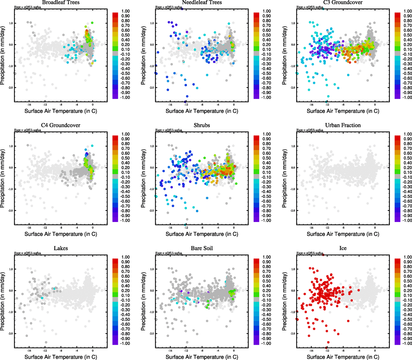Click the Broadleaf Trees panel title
tap(61, 3)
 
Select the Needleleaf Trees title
tap(202, 3)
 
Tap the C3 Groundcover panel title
tap(343, 3)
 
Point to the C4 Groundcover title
tap(61, 125)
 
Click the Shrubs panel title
tap(202, 125)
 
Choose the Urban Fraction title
tap(343, 125)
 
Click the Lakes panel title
tap(61, 248)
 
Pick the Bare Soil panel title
tap(202, 248)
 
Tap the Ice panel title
tap(343, 248)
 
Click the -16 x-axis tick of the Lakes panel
tap(29, 350)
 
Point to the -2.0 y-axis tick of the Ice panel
tap(293, 334)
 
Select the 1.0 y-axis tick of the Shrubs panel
tap(152, 146)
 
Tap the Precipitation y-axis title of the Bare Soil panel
tap(143, 301)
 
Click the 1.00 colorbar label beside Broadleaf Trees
tap(125, 11)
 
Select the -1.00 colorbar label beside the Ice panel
tap(407, 343)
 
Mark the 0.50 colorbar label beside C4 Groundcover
tap(125, 158)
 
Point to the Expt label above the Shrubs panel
tap(169, 130)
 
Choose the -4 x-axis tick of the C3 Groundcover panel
tap(359, 105)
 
